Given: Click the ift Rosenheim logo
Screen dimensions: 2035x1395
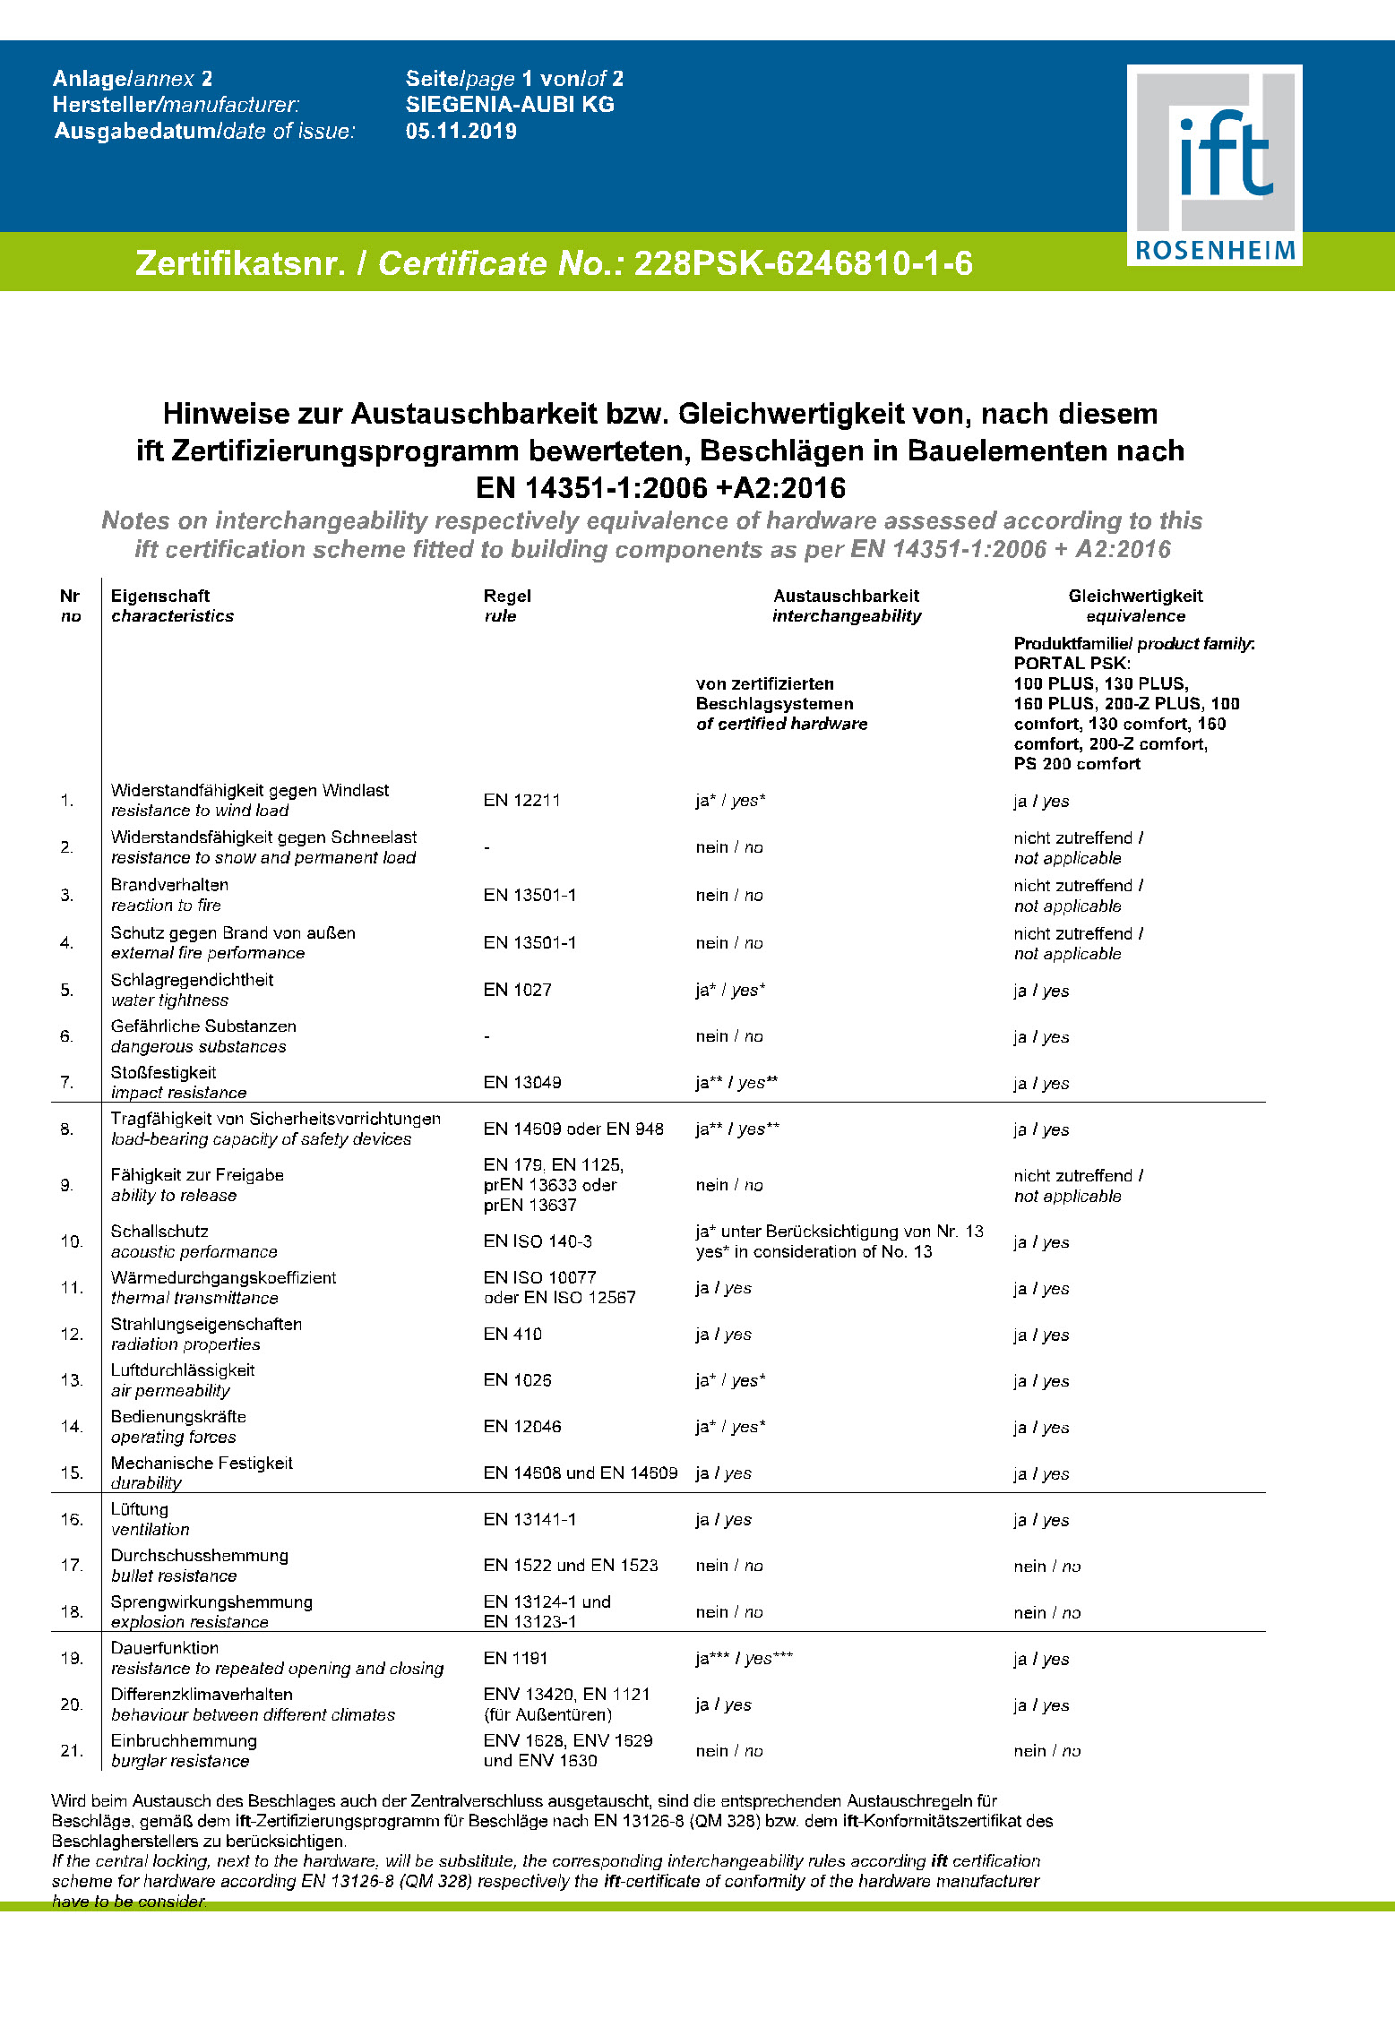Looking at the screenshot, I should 1214,166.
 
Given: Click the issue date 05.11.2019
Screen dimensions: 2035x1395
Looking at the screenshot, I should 461,132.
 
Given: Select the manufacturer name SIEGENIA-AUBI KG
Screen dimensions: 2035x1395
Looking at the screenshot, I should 509,105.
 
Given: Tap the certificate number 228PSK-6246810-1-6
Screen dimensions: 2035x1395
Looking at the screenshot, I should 803,263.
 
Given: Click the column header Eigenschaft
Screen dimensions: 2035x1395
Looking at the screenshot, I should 160,597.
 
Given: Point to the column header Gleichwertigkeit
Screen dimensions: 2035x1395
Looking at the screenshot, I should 1135,597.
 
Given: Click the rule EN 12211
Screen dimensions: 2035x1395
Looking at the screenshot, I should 521,801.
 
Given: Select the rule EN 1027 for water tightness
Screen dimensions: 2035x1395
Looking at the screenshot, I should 517,990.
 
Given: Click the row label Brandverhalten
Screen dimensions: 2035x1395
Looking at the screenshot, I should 169,885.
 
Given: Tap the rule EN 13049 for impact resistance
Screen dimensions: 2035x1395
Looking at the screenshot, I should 521,1083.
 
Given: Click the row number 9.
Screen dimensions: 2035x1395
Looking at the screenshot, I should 67,1185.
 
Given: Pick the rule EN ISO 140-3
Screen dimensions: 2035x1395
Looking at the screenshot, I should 538,1241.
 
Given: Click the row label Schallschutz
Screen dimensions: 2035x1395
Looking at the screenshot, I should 159,1232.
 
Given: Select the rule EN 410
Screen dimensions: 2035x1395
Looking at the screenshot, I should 512,1335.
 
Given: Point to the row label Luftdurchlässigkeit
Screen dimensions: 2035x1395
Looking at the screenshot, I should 183,1370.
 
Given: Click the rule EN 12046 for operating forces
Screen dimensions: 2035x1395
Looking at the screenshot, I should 521,1427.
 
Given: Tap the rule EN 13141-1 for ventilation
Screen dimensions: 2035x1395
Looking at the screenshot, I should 530,1520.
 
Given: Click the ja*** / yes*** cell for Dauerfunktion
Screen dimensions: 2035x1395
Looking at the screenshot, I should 744,1659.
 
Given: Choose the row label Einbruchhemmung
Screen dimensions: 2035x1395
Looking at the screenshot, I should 184,1741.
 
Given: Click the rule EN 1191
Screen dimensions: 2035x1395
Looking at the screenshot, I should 515,1659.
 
